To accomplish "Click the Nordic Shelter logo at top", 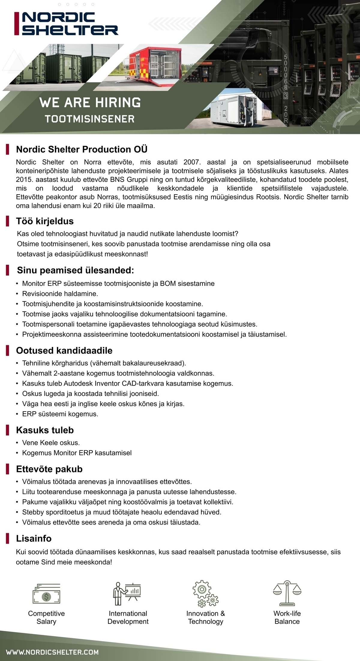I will pos(67,24).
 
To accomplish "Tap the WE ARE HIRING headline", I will pos(90,103).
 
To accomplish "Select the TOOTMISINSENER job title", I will pos(90,119).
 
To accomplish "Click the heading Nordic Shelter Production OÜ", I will pos(82,149).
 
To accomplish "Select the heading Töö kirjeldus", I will pos(45,221).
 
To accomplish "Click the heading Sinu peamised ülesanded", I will pos(75,270).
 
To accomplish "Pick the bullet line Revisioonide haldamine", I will pos(60,294).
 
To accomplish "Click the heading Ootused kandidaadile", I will pos(64,351).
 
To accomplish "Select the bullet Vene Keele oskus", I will pos(51,443).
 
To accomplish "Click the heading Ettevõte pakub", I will pos(49,469).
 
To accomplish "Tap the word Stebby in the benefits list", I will pos(33,512).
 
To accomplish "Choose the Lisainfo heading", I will pos(34,539).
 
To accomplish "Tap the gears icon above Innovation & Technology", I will pos(205,593).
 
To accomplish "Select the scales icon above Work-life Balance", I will pos(287,593).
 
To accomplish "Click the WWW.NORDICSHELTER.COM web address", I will pos(52,652).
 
